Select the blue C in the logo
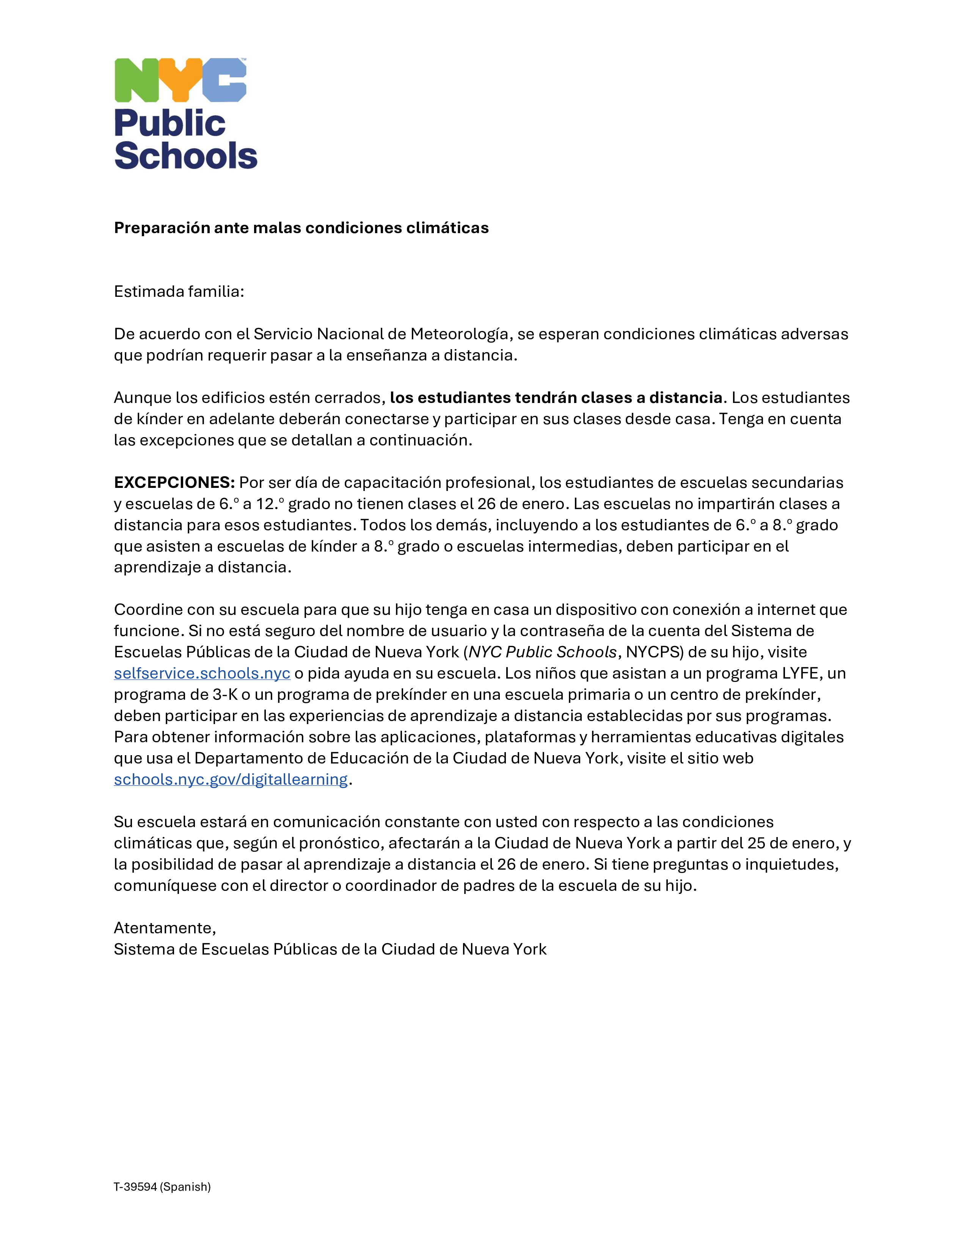tap(224, 80)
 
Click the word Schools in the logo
tap(185, 156)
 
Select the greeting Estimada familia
tap(179, 292)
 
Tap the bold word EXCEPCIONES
tap(174, 482)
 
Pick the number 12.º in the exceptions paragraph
tap(270, 504)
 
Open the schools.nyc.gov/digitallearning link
tap(230, 779)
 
